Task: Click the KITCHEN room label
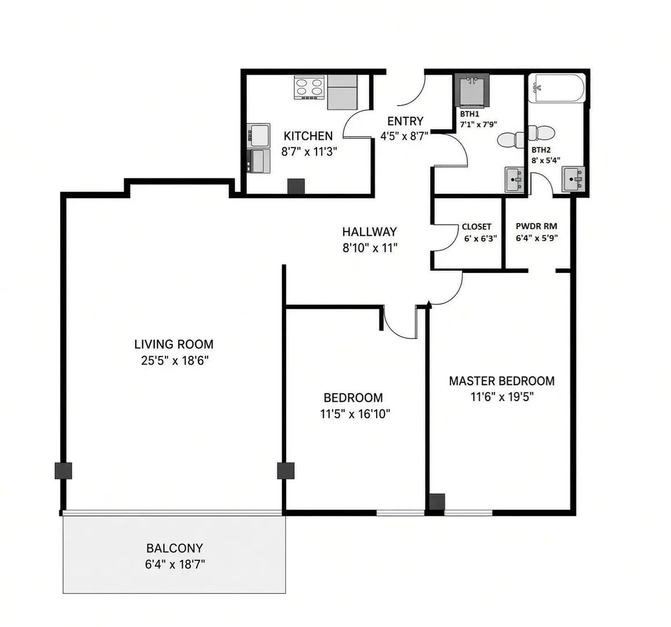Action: coord(308,136)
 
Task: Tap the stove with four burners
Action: coord(309,88)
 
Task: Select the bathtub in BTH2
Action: coord(556,89)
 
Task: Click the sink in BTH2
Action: coord(573,179)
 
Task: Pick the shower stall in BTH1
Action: coord(472,91)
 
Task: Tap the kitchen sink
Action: coord(259,136)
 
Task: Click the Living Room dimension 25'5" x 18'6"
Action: coord(175,361)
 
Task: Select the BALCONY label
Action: coord(175,548)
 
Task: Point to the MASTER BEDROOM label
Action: coord(502,381)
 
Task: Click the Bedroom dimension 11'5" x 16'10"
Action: coord(355,414)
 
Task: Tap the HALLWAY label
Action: coord(369,232)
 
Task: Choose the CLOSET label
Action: coord(477,227)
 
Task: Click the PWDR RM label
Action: coord(536,226)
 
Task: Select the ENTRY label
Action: coord(405,121)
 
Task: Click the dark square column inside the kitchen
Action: coord(295,186)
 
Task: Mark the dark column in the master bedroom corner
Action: coord(437,502)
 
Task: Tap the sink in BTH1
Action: coord(514,179)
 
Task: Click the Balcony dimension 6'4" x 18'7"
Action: coord(175,565)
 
